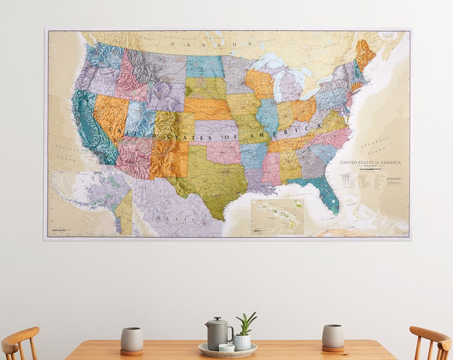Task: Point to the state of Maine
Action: [x=365, y=53]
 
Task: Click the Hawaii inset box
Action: [x=277, y=217]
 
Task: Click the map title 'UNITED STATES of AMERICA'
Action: [x=370, y=163]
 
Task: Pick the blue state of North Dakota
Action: [x=205, y=66]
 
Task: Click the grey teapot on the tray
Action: [x=217, y=331]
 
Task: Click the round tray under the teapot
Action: [x=228, y=351]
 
